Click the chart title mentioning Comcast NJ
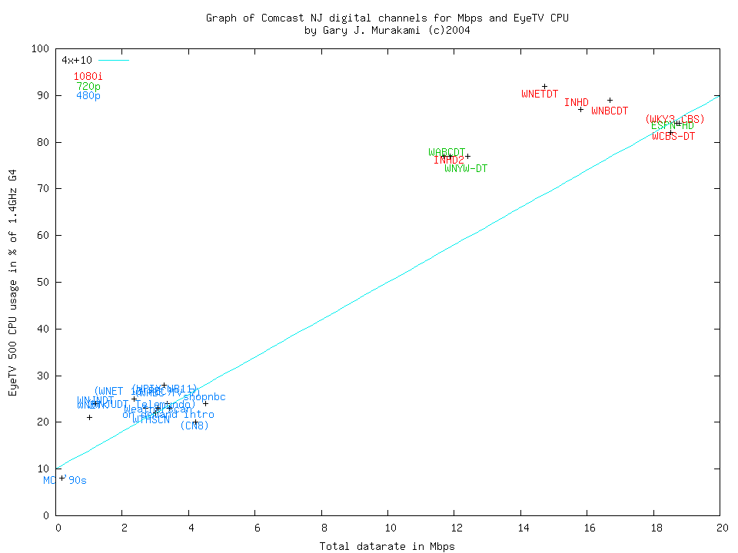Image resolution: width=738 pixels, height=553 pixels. (387, 18)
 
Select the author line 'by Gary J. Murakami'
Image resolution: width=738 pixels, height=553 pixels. (387, 31)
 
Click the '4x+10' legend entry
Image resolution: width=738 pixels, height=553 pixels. (77, 60)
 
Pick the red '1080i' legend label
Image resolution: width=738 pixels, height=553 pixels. (88, 76)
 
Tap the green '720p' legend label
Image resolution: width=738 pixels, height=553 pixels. (88, 86)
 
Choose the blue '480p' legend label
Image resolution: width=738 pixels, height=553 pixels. (88, 96)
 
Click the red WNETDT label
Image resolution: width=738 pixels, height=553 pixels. (540, 94)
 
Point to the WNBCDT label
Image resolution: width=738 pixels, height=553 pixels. (610, 111)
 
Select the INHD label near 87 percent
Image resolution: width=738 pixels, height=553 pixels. (577, 102)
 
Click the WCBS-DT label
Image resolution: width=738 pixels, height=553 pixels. (673, 136)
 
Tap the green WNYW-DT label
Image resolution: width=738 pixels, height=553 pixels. (466, 168)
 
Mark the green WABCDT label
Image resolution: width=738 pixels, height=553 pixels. (447, 152)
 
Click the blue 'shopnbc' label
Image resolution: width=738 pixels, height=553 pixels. (204, 397)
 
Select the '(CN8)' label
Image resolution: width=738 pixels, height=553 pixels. (194, 426)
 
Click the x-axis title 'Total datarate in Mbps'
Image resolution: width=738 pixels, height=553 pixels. (387, 546)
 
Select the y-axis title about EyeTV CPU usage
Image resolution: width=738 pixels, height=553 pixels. (12, 283)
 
